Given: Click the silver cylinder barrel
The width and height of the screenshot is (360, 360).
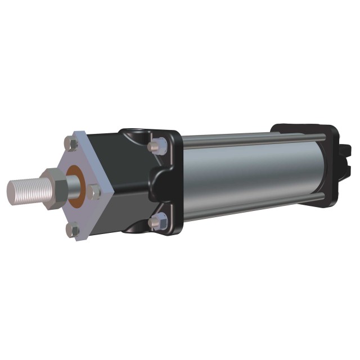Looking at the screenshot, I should (x=247, y=169).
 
